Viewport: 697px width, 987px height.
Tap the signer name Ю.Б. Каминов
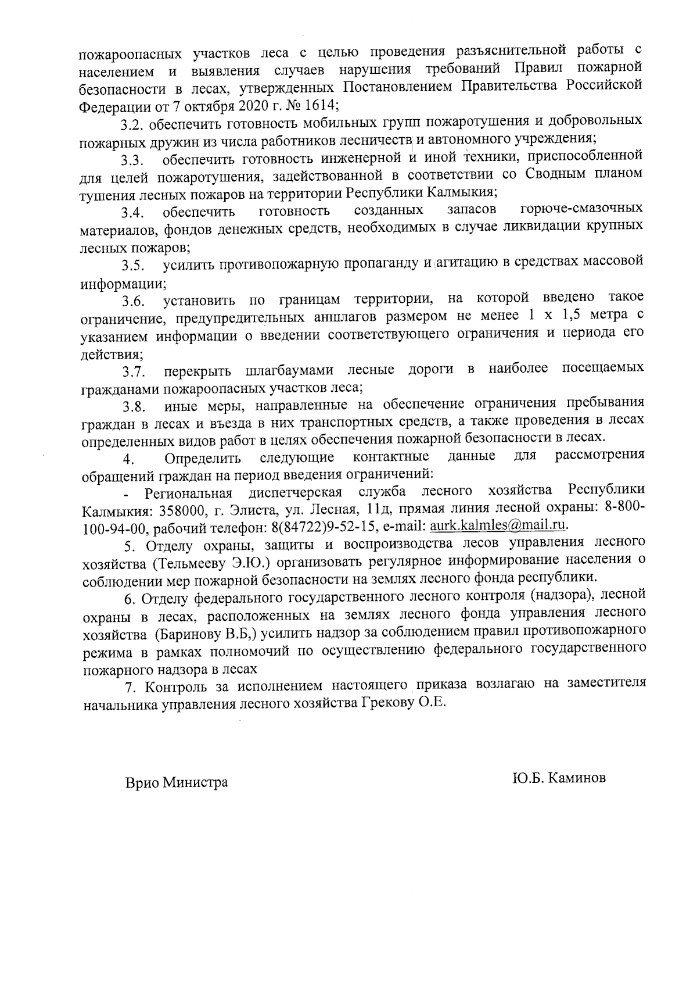click(559, 778)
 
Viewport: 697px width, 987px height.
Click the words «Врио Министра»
click(177, 782)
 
